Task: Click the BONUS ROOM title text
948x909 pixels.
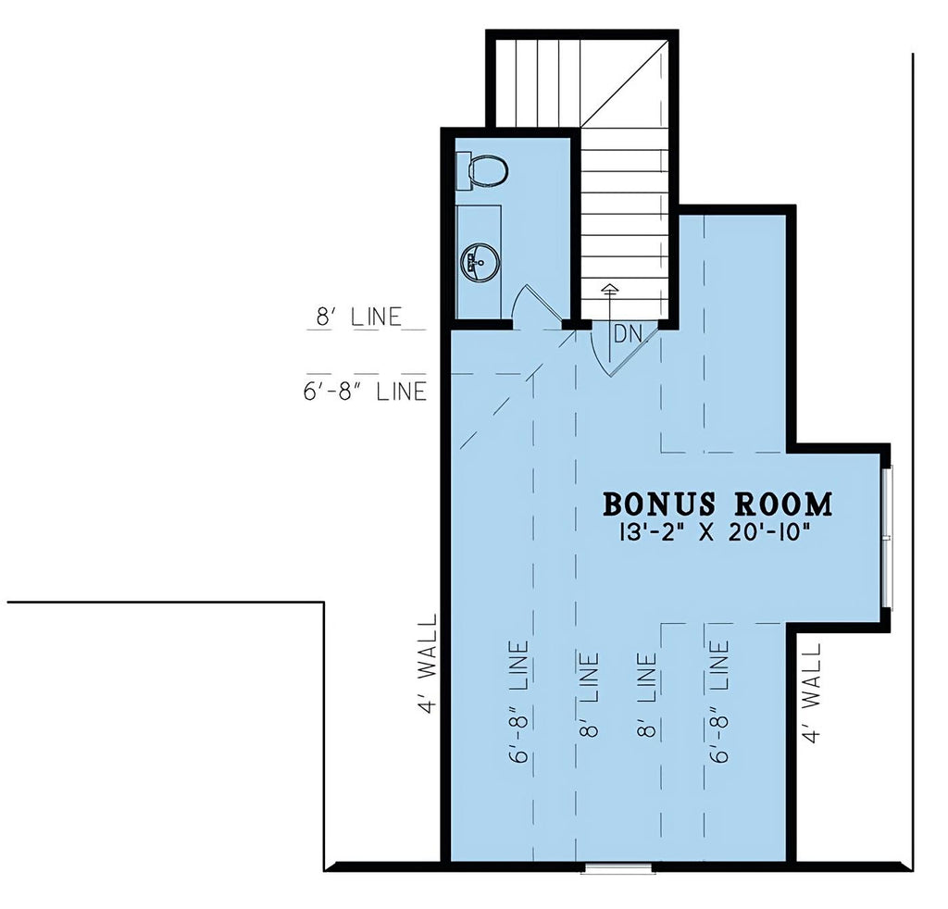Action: pyautogui.click(x=717, y=504)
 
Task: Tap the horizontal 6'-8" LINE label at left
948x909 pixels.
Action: pyautogui.click(x=365, y=391)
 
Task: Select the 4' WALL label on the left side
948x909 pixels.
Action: pyautogui.click(x=429, y=664)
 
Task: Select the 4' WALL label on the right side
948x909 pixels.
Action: pyautogui.click(x=811, y=692)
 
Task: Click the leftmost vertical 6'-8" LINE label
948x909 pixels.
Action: pyautogui.click(x=519, y=701)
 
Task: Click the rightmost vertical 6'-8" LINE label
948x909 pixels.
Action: pyautogui.click(x=719, y=701)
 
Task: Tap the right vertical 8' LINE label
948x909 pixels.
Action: pyautogui.click(x=646, y=694)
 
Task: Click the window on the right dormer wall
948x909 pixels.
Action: pyautogui.click(x=886, y=537)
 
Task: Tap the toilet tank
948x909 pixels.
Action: pyautogui.click(x=463, y=170)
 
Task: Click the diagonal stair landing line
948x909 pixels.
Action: pyautogui.click(x=625, y=83)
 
